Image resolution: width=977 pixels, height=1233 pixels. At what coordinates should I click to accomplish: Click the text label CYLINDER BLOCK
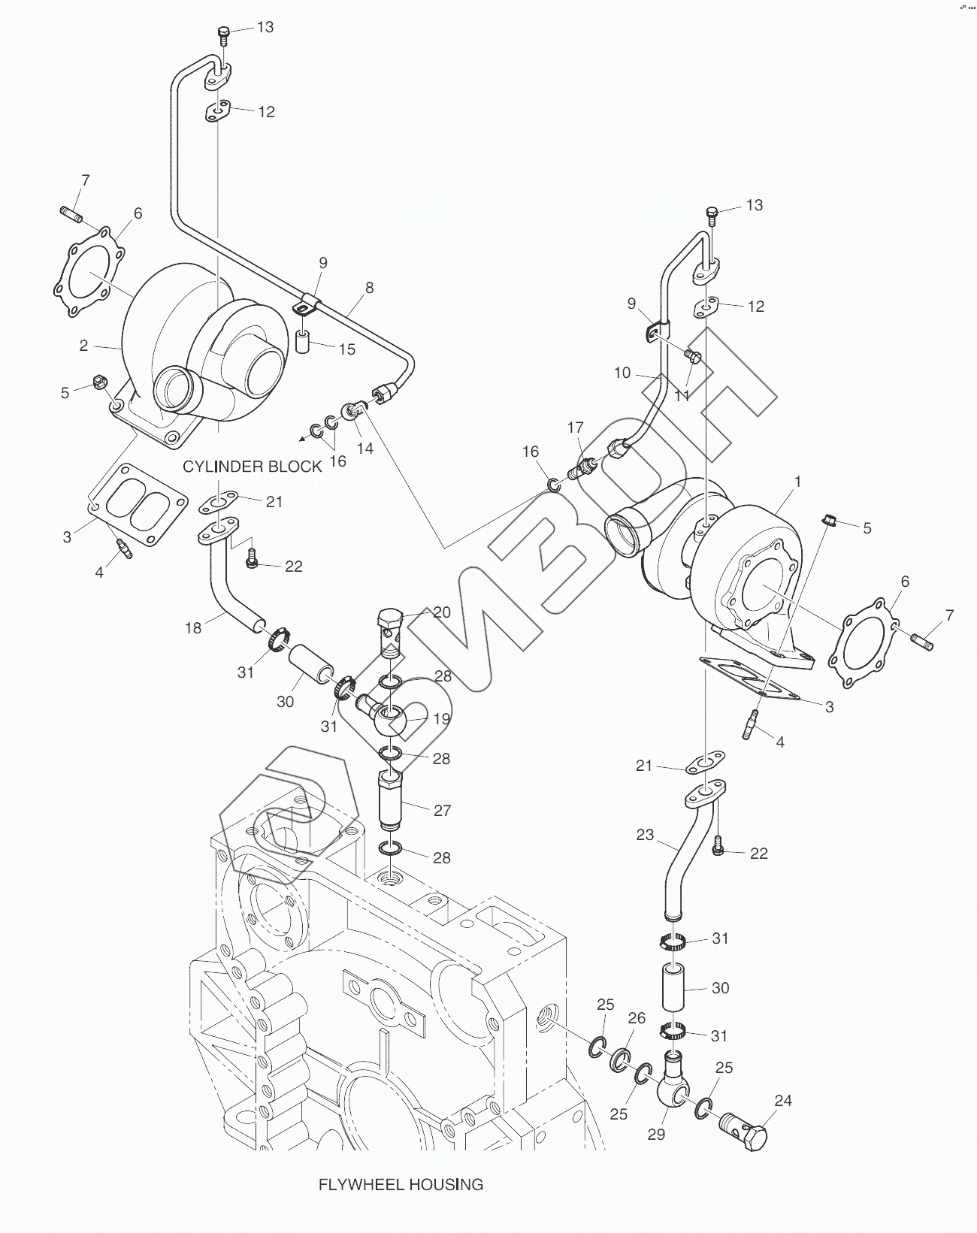pos(252,467)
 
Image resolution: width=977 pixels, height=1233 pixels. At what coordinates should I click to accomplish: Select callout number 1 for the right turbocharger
pos(797,482)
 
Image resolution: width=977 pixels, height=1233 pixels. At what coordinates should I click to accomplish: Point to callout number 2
pos(83,346)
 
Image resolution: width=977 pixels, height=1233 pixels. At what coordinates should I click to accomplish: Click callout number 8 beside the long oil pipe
pos(369,288)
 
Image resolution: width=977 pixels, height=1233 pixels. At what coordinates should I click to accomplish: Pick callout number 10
pos(622,373)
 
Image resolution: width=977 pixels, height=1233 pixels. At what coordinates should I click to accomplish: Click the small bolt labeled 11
pos(694,357)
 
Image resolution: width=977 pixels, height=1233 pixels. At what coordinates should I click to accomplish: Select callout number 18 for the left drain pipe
pos(193,628)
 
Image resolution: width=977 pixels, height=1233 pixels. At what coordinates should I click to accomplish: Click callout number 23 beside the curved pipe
pos(645,835)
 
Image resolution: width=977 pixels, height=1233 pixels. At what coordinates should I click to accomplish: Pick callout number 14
pos(364,448)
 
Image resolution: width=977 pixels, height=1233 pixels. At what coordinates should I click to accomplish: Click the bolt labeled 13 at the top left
pos(223,35)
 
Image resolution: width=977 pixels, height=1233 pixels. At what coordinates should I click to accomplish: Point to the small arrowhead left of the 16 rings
pos(301,440)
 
